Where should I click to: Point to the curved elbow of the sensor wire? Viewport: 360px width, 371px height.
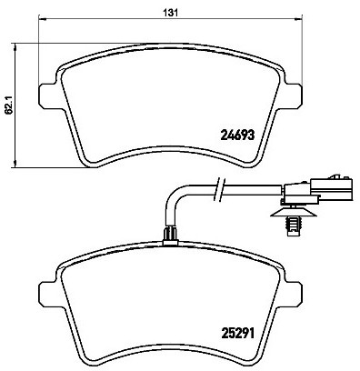175,194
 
